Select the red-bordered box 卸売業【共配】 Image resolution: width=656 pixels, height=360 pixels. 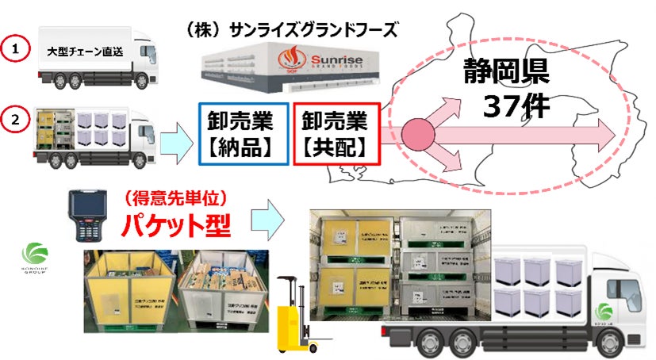click(x=334, y=134)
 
